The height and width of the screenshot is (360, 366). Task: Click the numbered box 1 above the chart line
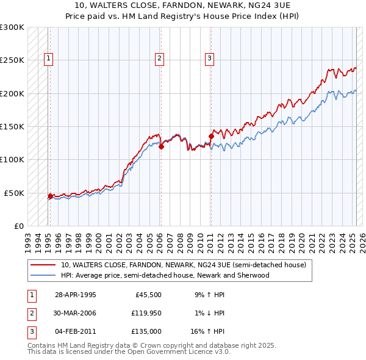[x=48, y=59]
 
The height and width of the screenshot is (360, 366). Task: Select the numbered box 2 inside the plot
[x=159, y=59]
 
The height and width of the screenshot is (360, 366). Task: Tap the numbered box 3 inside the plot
[x=209, y=59]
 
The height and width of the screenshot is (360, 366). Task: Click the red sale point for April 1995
[x=50, y=196]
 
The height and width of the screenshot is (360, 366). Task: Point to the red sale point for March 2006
[x=162, y=146]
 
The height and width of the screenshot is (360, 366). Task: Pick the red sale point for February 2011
[x=211, y=136]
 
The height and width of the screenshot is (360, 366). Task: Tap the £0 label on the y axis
[x=18, y=226]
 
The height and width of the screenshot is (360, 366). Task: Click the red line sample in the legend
[x=43, y=265]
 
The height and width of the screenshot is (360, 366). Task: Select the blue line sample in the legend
[x=43, y=275]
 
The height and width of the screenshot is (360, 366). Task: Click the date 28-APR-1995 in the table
[x=76, y=294]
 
